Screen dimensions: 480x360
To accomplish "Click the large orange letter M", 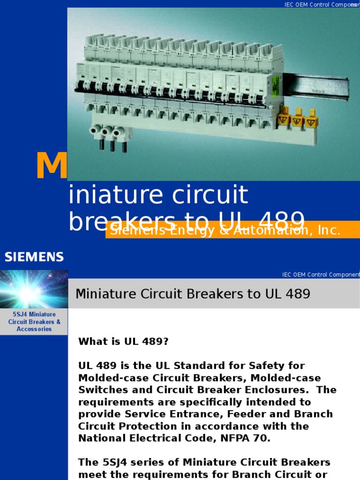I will tap(52, 166).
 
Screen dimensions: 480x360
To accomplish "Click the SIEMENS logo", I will tap(34, 257).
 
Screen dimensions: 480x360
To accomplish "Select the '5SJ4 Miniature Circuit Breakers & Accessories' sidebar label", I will tap(34, 322).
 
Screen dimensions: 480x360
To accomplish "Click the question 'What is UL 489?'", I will tap(123, 342).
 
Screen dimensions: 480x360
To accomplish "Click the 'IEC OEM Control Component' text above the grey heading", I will tap(321, 275).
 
